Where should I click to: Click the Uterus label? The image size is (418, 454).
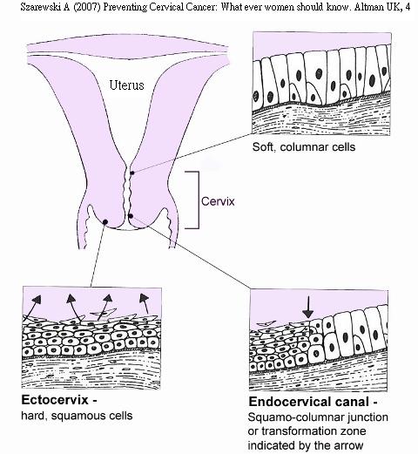126,85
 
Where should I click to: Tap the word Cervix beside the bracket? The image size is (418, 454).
218,201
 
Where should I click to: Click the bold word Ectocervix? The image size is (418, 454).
55,400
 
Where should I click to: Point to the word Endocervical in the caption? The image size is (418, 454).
290,402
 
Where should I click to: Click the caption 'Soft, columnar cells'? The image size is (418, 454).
304,147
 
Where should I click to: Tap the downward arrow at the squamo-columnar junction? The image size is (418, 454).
308,308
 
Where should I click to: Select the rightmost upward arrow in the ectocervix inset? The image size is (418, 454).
145,303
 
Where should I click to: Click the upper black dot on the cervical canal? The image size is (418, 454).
132,173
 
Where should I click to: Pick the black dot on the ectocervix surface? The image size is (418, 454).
105,222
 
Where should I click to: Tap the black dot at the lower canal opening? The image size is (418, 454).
131,216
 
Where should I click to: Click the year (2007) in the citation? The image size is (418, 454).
87,7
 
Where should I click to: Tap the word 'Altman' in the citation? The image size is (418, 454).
369,7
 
